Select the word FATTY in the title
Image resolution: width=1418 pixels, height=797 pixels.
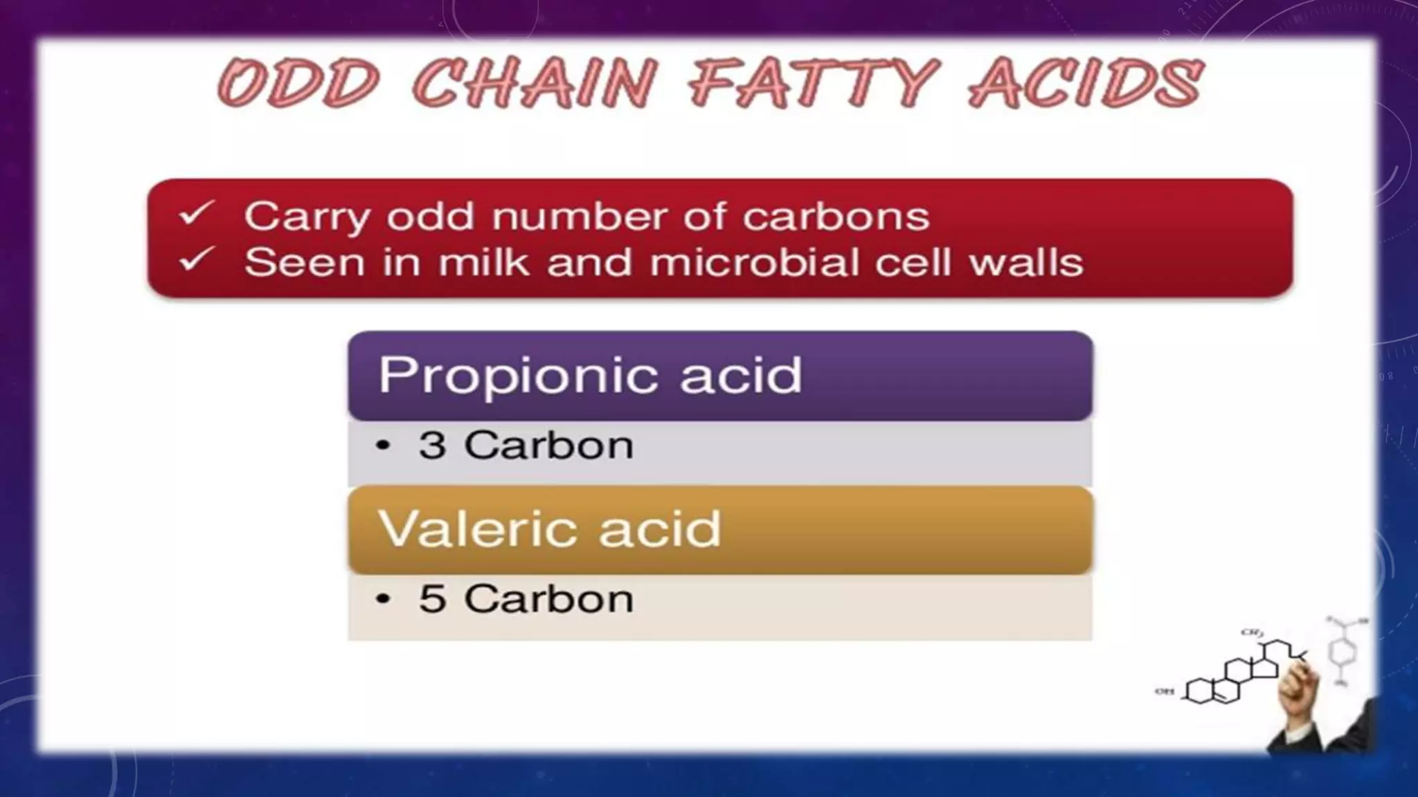point(814,83)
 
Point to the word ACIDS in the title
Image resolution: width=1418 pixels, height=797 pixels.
point(1086,83)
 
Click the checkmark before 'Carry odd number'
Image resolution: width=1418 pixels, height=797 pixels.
point(197,214)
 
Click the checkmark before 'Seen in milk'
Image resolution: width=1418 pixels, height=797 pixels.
point(197,260)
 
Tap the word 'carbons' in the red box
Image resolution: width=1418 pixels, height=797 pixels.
point(836,217)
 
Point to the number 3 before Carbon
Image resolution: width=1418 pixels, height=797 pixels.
point(432,445)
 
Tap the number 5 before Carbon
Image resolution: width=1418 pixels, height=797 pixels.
point(432,598)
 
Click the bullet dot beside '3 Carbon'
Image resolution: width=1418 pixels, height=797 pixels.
point(383,446)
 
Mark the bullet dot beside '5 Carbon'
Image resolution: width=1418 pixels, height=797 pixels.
point(383,599)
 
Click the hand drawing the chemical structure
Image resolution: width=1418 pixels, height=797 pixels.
point(1296,692)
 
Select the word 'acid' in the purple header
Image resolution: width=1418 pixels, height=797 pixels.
point(741,376)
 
